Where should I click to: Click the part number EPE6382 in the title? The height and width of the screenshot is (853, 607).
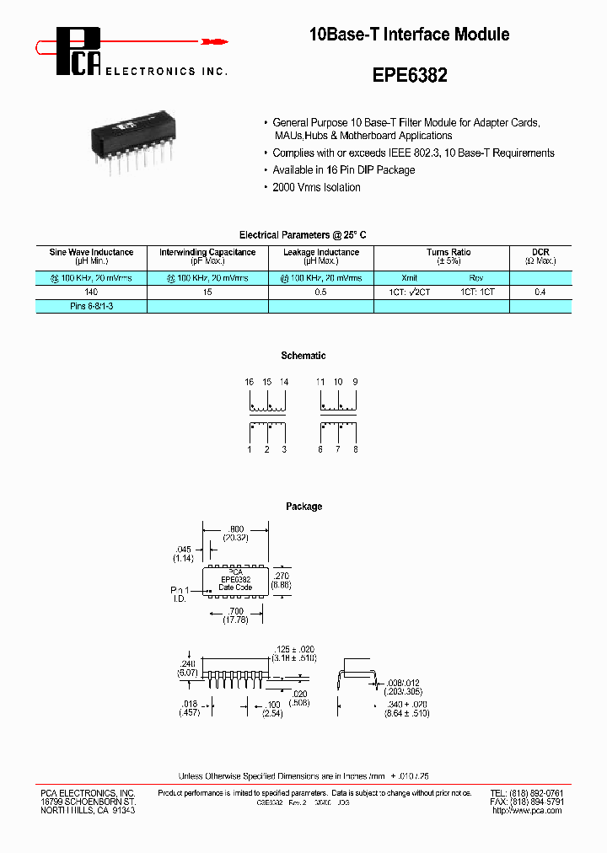[410, 75]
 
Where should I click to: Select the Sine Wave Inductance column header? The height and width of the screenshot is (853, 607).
[91, 252]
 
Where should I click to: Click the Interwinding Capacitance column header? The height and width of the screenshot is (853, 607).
[207, 252]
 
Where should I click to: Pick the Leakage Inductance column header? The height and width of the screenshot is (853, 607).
[321, 252]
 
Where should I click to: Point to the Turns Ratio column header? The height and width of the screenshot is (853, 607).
[449, 252]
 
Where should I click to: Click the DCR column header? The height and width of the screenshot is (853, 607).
[540, 252]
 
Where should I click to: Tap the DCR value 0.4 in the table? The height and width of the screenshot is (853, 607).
[540, 291]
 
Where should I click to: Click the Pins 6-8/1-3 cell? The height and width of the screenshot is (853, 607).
[90, 307]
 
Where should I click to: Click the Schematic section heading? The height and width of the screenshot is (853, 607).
[303, 356]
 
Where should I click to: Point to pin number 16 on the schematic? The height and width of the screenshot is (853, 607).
[250, 382]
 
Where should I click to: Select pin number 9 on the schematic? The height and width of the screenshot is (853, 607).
[356, 382]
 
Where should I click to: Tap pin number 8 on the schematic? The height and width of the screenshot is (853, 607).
[356, 450]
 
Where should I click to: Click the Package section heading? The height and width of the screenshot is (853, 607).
[303, 507]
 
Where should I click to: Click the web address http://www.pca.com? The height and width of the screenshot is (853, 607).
[527, 810]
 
